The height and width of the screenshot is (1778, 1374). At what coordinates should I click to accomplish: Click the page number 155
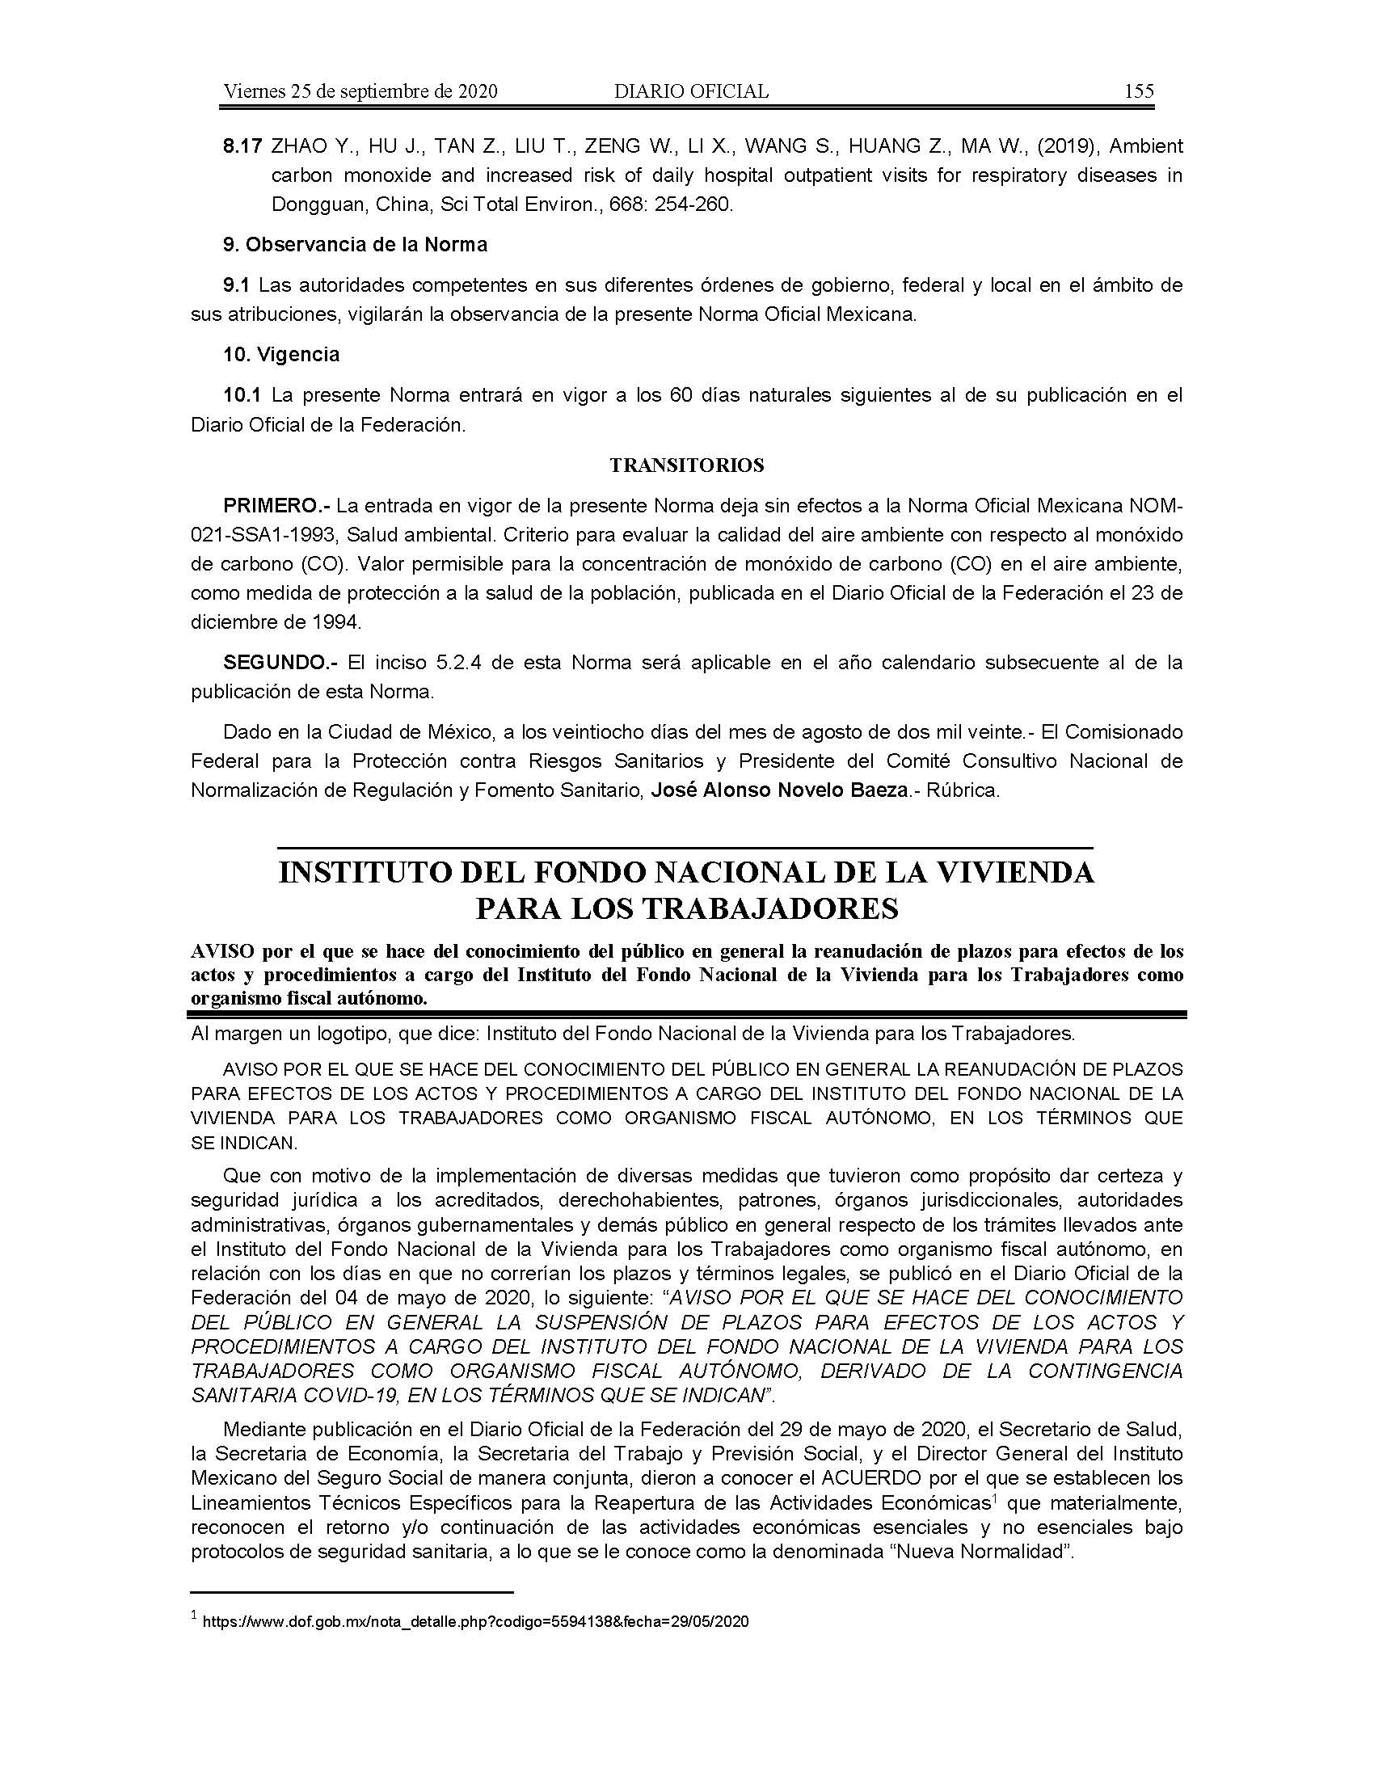[1139, 92]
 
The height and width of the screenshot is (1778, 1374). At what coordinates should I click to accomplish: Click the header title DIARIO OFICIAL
[691, 92]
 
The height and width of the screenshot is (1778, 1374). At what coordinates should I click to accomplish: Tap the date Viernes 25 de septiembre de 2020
[360, 92]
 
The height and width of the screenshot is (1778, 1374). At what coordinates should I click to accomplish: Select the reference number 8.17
[242, 147]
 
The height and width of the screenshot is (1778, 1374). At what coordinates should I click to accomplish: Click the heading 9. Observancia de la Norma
[355, 244]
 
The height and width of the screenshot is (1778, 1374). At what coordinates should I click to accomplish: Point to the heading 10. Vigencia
[281, 355]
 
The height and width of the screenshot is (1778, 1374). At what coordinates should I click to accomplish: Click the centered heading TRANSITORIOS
[687, 466]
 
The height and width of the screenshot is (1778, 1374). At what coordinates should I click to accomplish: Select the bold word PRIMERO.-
[276, 507]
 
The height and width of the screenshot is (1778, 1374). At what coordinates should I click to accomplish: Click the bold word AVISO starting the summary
[219, 952]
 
